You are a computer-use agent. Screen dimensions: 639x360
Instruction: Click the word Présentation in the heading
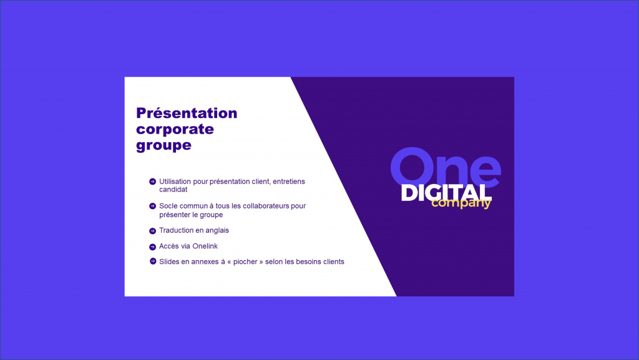coord(187,113)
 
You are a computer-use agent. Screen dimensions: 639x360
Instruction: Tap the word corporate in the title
coord(175,130)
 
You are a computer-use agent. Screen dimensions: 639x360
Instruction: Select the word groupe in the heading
coord(164,146)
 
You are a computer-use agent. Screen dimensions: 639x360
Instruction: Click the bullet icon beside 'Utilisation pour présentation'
coord(152,182)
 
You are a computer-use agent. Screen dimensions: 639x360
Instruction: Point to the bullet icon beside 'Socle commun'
coord(152,206)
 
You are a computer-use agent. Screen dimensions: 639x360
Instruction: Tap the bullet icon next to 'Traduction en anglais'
coord(152,231)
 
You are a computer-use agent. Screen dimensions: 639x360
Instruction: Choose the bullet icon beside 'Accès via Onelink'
coord(152,247)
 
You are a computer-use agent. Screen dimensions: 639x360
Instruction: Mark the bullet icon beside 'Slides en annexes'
coord(152,261)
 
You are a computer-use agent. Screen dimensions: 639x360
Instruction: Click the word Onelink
coord(205,246)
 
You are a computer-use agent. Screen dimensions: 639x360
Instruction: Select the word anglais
coord(217,230)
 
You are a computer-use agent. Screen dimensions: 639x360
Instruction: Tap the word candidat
coord(173,190)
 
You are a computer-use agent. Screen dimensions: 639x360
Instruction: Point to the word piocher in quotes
coord(245,262)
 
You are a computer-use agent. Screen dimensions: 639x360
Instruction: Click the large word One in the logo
coord(446,167)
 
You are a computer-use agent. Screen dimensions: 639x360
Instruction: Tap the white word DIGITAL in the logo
coord(446,193)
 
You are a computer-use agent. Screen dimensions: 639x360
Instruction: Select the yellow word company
coord(461,203)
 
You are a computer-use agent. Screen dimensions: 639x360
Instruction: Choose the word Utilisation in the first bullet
coord(175,181)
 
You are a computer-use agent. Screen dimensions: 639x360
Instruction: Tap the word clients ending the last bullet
coord(333,261)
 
